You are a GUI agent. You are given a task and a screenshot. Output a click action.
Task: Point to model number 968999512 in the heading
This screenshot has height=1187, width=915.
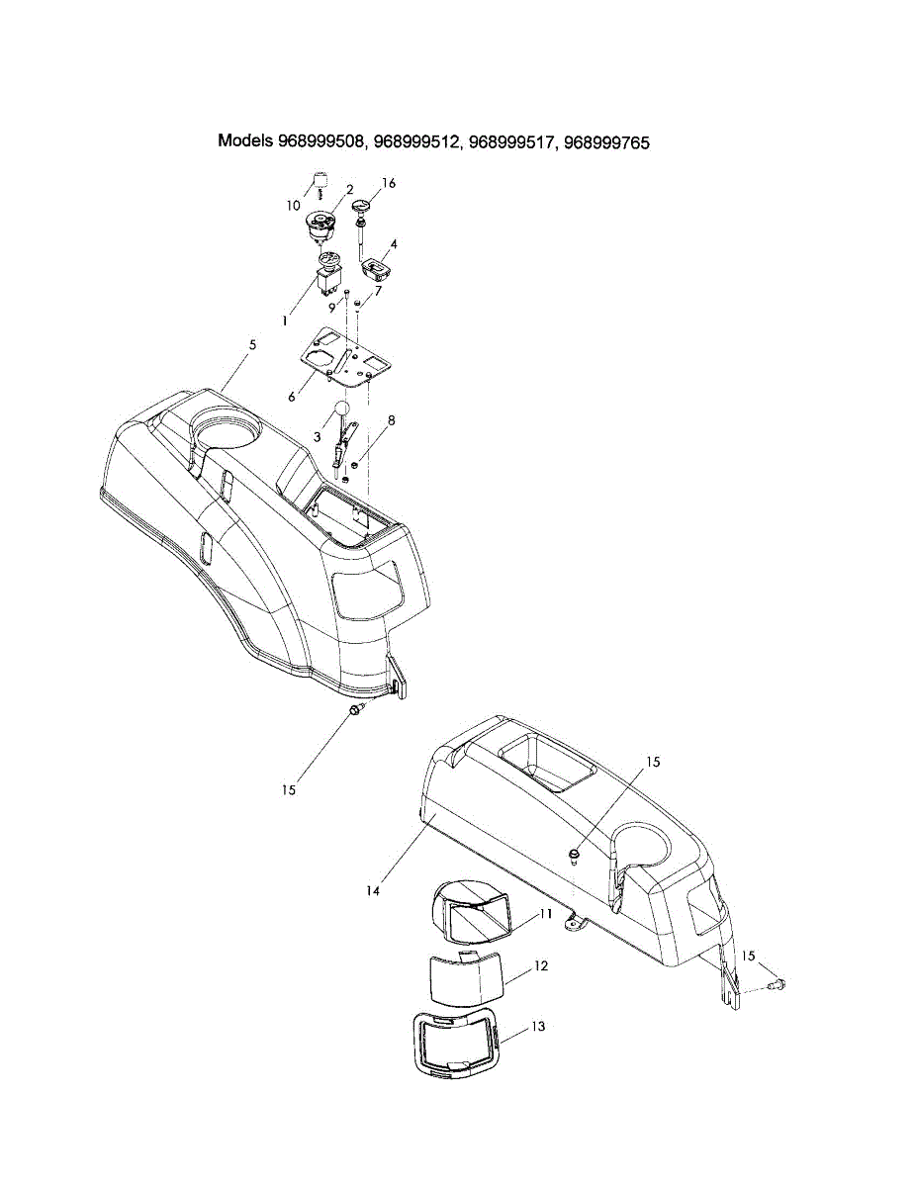[414, 142]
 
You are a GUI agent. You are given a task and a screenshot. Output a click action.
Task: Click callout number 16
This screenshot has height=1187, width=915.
[389, 184]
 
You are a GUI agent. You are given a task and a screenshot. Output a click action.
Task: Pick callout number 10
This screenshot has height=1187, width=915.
[294, 206]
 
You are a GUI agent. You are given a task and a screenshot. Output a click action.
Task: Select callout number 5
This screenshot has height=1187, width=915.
[252, 344]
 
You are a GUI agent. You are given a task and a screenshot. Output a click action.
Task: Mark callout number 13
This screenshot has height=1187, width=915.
[537, 1027]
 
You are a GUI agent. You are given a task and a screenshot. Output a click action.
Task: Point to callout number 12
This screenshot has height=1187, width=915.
[541, 964]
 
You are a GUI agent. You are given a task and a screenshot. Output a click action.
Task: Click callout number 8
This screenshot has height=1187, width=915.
[392, 419]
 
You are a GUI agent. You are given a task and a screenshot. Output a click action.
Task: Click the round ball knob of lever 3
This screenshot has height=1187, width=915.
[341, 408]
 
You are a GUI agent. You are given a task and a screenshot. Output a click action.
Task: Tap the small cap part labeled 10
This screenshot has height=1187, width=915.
[320, 179]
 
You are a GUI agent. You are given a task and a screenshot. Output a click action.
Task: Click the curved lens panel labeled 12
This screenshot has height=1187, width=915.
[465, 979]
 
